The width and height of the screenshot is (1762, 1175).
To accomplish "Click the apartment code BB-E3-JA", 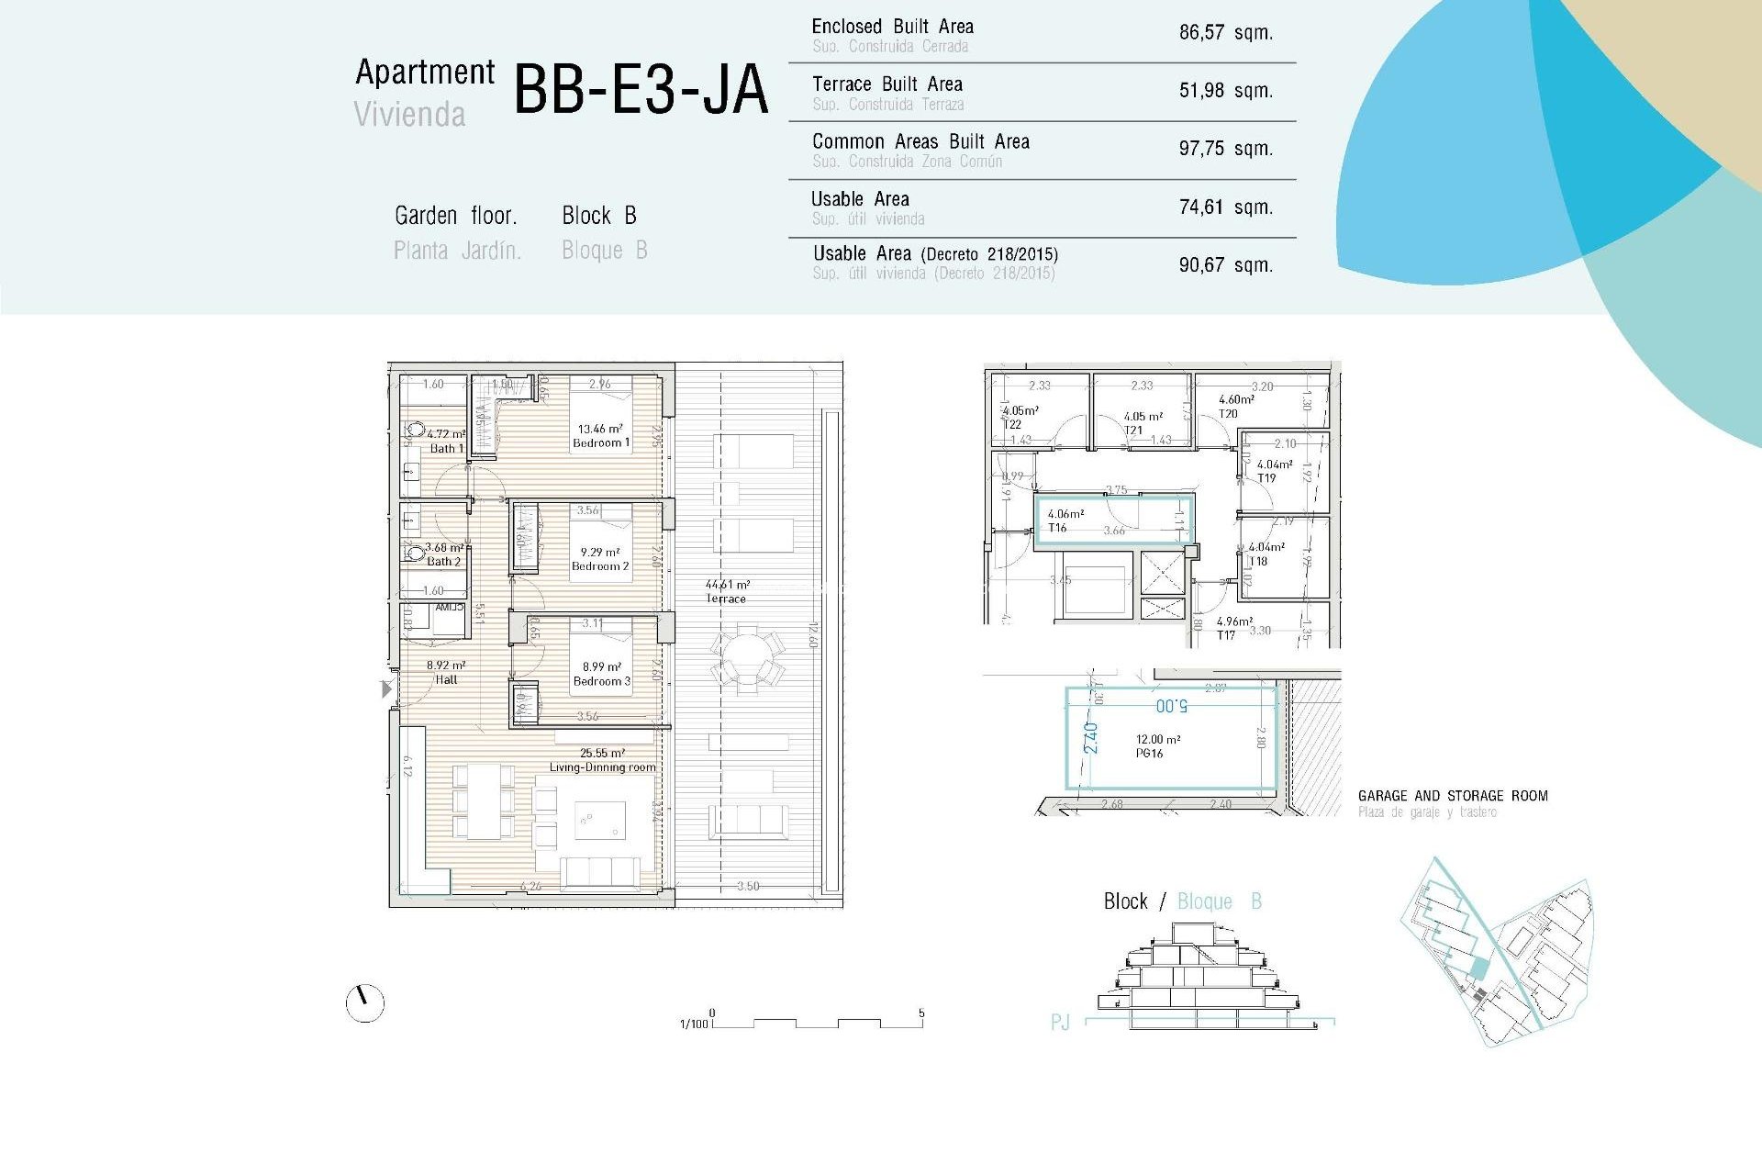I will click(x=640, y=90).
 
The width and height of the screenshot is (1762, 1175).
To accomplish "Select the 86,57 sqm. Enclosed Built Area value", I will click(x=1225, y=33).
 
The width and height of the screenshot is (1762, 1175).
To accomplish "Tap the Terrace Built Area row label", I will click(x=887, y=84).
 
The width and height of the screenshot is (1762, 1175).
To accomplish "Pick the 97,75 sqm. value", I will click(x=1225, y=149).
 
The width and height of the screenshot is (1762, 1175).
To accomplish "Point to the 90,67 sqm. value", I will click(x=1225, y=265).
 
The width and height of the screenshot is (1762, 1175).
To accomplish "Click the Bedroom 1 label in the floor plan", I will click(x=601, y=442).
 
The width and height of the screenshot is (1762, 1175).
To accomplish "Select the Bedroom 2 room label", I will click(x=600, y=566).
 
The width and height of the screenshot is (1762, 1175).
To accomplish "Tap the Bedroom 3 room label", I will click(x=601, y=681).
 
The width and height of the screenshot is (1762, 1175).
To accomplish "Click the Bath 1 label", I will click(x=447, y=448).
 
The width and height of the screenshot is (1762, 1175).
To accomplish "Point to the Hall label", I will click(x=446, y=679).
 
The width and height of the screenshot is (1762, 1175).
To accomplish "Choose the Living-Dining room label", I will click(x=602, y=767).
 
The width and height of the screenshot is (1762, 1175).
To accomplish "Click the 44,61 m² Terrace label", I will click(x=726, y=591).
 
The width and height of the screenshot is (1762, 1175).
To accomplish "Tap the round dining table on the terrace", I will click(x=747, y=657).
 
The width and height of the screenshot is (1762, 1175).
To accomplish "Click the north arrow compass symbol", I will click(x=364, y=1002).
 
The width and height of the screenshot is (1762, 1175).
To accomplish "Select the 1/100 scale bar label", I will click(x=694, y=1024).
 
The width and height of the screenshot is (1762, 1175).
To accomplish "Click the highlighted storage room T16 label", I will click(x=1058, y=527).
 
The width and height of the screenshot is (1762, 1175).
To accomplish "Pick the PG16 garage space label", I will click(x=1149, y=753).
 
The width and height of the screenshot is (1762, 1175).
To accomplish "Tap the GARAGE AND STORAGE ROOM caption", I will click(x=1452, y=796).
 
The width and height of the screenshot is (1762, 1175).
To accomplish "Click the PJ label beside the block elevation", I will click(x=1060, y=1022).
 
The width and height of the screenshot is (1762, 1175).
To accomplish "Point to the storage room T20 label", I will click(x=1228, y=413).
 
